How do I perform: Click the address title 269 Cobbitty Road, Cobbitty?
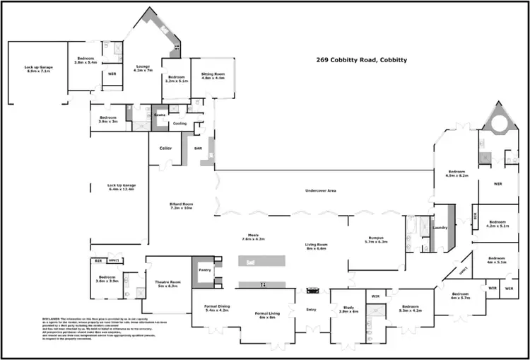361,61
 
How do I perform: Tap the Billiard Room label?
182,206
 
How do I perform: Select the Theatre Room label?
168,284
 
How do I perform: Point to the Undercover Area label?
320,191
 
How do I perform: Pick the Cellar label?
166,148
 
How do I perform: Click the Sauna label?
160,114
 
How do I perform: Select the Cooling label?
179,123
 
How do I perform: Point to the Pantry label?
206,269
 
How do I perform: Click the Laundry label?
442,228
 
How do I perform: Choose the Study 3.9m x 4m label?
348,309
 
